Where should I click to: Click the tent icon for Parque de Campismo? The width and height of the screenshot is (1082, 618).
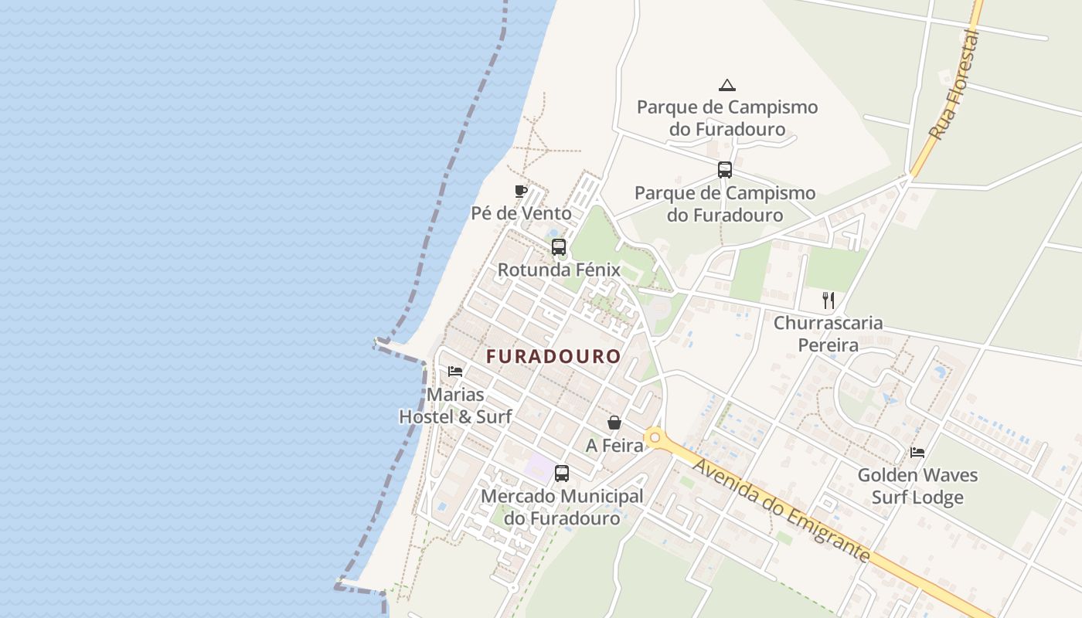point(726,85)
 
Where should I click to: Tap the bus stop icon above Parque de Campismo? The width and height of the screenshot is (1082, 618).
point(724,170)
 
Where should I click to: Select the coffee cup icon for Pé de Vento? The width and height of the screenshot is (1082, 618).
point(521,191)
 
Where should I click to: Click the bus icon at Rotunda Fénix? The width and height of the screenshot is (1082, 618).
point(559,247)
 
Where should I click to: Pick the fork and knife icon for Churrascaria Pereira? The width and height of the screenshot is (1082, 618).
point(829,300)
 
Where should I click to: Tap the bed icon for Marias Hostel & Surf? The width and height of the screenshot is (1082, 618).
point(455,372)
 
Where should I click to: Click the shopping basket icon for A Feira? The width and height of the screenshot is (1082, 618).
point(614,423)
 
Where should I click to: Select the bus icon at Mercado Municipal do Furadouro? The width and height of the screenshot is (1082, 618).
point(562,474)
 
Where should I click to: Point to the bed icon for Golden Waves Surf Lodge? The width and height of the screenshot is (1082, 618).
point(917,452)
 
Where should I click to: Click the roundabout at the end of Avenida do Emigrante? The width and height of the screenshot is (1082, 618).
point(655,439)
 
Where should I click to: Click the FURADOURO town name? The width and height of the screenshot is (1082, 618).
point(553,356)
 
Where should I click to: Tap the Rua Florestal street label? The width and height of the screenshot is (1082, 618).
point(953,85)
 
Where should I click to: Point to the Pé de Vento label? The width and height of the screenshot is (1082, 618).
point(522,213)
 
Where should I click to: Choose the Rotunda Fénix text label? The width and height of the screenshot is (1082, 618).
point(559,270)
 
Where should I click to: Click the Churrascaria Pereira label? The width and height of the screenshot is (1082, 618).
point(829,334)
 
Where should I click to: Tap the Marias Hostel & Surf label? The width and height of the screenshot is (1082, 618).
point(455,406)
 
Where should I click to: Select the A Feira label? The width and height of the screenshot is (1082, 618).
point(614,446)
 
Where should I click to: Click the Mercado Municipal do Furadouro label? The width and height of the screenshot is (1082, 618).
point(562,507)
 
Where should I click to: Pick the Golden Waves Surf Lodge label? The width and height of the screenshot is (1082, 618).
point(917,486)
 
